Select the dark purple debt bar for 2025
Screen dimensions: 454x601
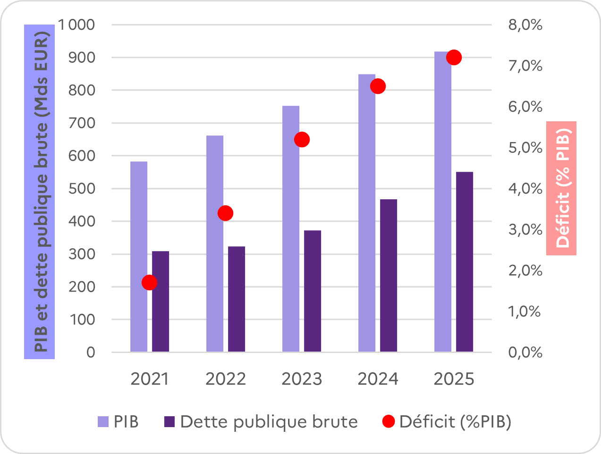(465, 262)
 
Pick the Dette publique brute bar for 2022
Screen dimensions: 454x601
(237, 299)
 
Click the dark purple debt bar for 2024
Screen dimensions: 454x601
(389, 276)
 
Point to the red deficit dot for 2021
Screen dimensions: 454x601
(149, 283)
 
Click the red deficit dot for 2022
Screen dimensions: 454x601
(226, 213)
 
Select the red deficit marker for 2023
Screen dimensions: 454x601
(302, 140)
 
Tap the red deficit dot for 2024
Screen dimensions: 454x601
(378, 86)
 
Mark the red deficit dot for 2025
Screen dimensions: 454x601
(454, 58)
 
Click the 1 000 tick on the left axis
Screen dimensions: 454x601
(76, 25)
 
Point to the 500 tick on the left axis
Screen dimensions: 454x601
(82, 188)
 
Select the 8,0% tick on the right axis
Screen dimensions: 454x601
(525, 25)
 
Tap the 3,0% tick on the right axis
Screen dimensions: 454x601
(525, 229)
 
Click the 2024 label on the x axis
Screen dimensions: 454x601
(378, 379)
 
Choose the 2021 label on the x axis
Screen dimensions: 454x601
(149, 379)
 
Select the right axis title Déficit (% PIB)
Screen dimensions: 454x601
(562, 188)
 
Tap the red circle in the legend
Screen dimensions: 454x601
(388, 421)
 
